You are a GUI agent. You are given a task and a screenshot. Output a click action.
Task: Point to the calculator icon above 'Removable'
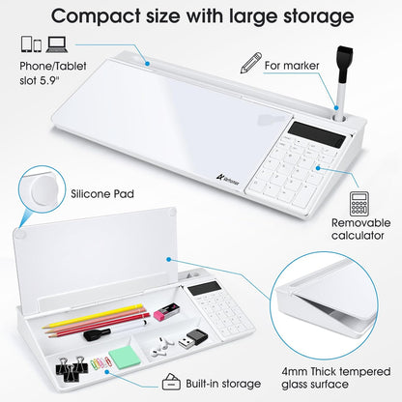(x=359, y=204)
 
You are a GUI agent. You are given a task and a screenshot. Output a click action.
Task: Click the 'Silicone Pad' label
(x=100, y=192)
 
